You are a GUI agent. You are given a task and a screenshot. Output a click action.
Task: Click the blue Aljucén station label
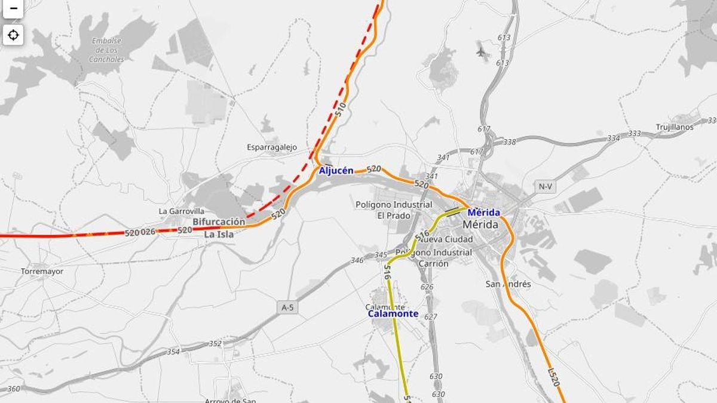click(x=336, y=171)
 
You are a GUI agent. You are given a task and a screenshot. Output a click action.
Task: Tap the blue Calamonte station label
click(x=393, y=313)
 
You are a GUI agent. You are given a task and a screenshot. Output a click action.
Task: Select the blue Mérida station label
click(x=483, y=213)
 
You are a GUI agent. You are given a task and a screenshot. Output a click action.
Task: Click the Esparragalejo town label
click(x=272, y=147)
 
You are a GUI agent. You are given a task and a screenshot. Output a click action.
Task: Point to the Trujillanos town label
click(x=675, y=127)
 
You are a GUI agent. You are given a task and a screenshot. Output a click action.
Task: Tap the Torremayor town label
click(x=42, y=271)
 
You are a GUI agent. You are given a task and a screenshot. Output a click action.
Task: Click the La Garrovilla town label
click(x=181, y=211)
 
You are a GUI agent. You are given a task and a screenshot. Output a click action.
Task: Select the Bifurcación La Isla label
click(x=219, y=228)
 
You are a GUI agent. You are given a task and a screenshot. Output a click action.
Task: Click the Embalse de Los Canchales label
click(x=107, y=50)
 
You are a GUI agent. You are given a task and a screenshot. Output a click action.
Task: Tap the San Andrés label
click(x=508, y=284)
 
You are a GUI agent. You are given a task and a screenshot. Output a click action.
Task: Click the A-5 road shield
click(x=287, y=307)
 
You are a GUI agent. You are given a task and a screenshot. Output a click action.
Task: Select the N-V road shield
click(x=545, y=187)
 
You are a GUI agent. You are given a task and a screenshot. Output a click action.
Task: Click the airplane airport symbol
click(x=482, y=51)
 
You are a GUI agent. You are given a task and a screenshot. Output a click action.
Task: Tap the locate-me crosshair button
click(x=13, y=35)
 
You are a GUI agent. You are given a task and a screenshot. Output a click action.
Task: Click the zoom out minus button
click(x=13, y=8)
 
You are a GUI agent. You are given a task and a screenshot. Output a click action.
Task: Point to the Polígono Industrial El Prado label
click(x=394, y=210)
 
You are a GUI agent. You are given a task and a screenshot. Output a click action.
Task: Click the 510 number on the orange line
click(x=341, y=109)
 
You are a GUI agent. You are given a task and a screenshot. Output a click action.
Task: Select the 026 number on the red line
click(x=148, y=232)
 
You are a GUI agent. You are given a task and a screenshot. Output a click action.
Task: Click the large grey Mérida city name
click(x=480, y=225)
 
